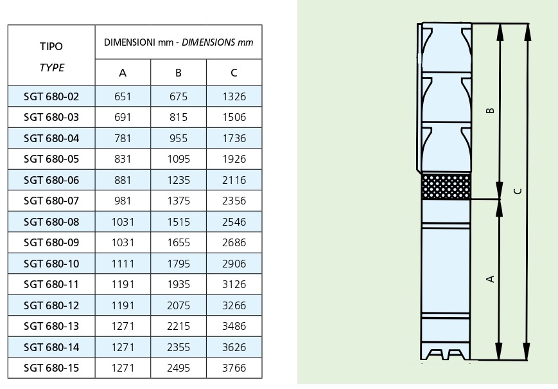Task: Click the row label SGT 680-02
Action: click(x=51, y=96)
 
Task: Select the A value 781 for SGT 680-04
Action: click(x=123, y=138)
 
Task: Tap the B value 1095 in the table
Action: click(x=179, y=159)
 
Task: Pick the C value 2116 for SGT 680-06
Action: click(x=234, y=180)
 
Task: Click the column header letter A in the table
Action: click(x=123, y=73)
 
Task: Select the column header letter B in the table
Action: click(x=179, y=73)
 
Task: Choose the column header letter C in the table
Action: click(x=234, y=73)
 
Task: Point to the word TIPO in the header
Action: click(x=51, y=47)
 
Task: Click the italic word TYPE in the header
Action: click(x=51, y=68)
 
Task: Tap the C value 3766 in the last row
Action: click(x=234, y=368)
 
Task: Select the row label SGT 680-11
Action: click(x=51, y=285)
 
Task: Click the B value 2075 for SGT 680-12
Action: click(x=179, y=305)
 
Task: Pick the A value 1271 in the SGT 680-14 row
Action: click(x=123, y=347)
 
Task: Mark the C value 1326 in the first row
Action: click(x=234, y=96)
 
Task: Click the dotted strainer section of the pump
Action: click(x=446, y=186)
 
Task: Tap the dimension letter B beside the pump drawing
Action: click(x=491, y=110)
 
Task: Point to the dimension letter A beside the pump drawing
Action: click(x=491, y=278)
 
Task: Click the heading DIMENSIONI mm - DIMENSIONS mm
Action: click(x=179, y=42)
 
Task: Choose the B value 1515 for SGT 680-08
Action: click(x=179, y=222)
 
